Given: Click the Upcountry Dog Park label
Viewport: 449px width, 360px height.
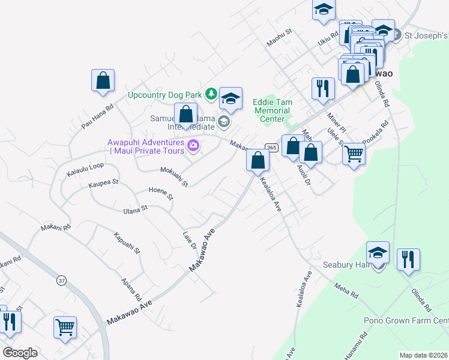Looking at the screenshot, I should click(164, 95).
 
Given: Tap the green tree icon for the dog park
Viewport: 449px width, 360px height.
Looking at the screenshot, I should click(211, 94).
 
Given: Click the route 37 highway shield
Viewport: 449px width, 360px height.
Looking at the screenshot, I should click(61, 280).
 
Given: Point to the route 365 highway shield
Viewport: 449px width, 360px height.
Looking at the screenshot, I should click(271, 148).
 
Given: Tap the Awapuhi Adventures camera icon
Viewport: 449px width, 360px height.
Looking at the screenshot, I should click(193, 145).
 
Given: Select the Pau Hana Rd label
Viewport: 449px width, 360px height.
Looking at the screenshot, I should click(97, 117).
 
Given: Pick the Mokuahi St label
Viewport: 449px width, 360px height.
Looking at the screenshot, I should click(174, 176).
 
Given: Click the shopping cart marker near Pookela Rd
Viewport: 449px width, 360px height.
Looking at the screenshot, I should click(354, 154).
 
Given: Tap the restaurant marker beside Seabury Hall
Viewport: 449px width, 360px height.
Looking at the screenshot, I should click(408, 259).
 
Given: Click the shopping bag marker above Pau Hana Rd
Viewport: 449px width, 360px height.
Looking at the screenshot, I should click(103, 80).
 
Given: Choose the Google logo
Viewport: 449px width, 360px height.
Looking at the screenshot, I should click(20, 353).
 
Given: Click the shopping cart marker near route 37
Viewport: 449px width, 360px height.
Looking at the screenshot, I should click(65, 328).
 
